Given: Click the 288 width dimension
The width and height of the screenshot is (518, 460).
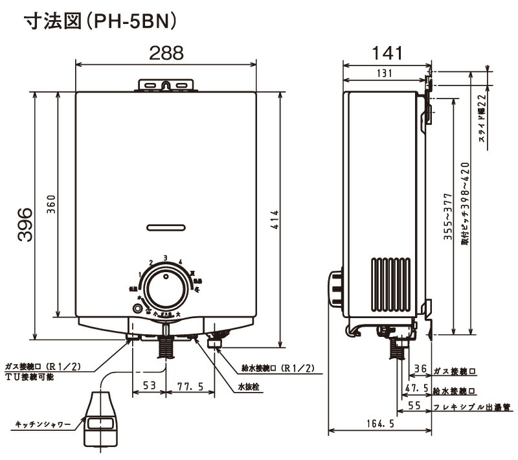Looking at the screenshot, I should [x=166, y=54].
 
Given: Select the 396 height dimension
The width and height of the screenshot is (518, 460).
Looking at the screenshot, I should [x=24, y=224].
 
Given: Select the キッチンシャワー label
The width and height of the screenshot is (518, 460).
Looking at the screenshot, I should [x=43, y=424].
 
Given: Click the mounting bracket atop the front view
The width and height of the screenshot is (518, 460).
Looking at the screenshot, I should [x=166, y=85].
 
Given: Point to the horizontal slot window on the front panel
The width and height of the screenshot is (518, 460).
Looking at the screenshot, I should [x=166, y=227].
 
